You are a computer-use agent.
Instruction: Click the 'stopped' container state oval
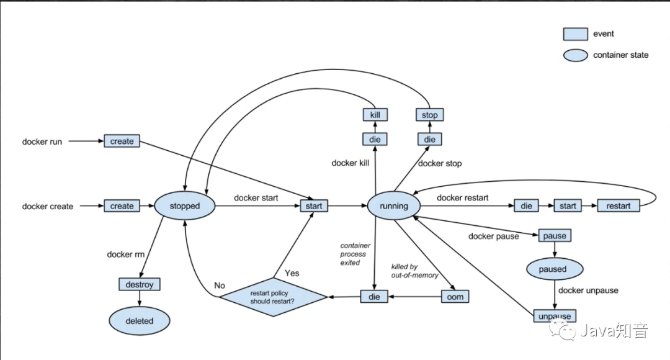point(185,205)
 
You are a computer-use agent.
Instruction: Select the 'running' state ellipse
point(393,205)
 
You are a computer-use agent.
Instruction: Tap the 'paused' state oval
point(555,269)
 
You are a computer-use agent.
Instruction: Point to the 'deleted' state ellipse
point(140,321)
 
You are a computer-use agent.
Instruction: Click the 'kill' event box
point(375,115)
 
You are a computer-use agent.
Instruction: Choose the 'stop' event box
point(429,115)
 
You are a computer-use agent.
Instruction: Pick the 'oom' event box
point(455,297)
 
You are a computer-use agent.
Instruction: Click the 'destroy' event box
point(140,284)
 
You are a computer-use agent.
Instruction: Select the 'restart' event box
point(619,205)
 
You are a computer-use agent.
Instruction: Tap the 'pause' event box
point(555,236)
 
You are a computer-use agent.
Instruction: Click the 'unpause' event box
point(555,316)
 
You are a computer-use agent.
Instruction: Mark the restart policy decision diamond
point(273,297)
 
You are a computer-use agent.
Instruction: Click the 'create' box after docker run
point(122,141)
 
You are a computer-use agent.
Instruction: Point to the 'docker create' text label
point(47,206)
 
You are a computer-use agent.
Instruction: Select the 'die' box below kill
point(375,140)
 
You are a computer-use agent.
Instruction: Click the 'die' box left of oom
point(374,297)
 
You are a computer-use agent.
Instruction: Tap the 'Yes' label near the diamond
point(292,273)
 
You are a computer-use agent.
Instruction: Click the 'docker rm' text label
point(125,254)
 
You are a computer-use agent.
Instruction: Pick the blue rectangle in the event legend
point(575,34)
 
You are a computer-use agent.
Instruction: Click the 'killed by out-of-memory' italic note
point(414,271)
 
